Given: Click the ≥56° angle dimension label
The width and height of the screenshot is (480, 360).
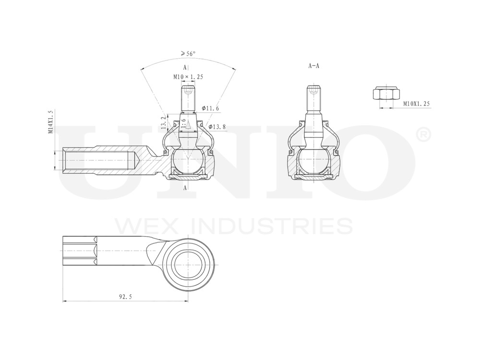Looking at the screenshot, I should tap(188, 54).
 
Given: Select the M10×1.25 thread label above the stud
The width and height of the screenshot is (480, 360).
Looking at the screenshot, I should tap(188, 77).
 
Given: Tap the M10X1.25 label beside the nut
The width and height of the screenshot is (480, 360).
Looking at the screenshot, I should tap(416, 104).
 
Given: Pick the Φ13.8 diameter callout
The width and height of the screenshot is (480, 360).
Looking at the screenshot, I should tap(216, 126).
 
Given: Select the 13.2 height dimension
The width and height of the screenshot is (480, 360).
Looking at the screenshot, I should tap(164, 122).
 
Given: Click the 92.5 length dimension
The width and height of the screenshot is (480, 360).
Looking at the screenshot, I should tap(125, 297).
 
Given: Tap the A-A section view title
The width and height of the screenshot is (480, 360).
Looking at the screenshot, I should tap(313, 66).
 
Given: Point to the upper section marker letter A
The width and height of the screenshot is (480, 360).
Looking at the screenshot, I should tap(185, 68).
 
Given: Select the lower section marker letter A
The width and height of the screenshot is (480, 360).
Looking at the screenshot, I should tap(185, 188).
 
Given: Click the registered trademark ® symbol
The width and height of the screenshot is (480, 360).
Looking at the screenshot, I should tap(424, 135).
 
